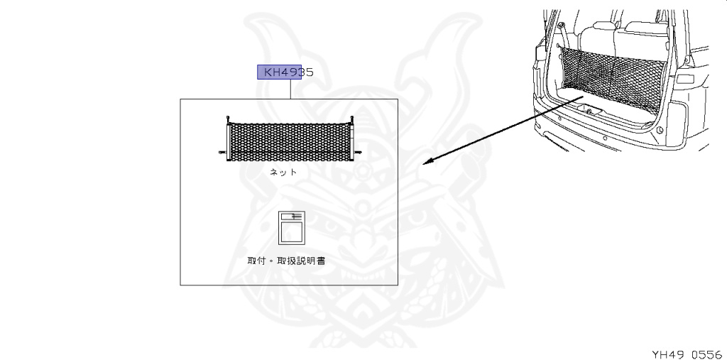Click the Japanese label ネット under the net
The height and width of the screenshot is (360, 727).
[283, 173]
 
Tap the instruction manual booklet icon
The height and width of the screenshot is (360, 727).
[290, 228]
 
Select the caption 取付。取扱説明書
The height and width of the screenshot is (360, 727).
[286, 261]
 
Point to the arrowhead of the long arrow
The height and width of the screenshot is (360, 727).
[426, 163]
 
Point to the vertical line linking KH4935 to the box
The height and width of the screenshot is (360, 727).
[290, 89]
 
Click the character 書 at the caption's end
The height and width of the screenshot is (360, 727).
[322, 261]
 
